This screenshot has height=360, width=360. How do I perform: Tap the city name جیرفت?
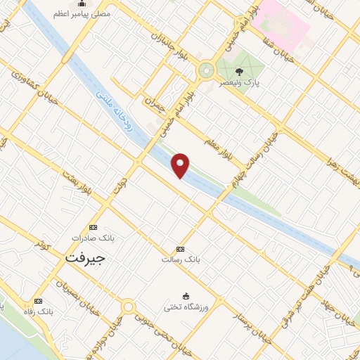tap(84, 258)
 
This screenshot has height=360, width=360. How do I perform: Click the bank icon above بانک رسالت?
tap(180, 250)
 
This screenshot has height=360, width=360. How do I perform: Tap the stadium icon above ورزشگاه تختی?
tap(186, 295)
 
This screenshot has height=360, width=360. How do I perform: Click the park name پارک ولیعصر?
tap(243, 82)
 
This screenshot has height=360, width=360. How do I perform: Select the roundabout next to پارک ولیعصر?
tap(205, 70)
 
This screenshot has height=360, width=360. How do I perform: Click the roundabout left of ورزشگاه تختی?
tap(128, 307)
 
